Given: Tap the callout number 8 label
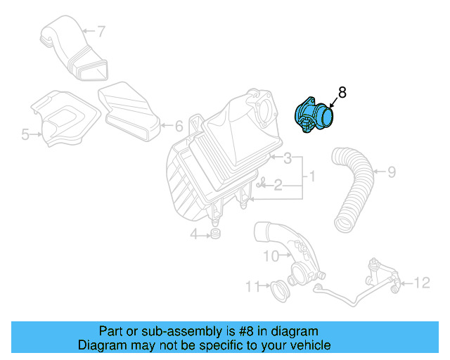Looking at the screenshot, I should [342, 92].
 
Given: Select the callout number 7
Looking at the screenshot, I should [101, 31].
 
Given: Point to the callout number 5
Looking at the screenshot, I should [25, 134].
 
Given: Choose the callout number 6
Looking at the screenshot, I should [179, 127].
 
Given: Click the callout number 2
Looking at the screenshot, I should [278, 186].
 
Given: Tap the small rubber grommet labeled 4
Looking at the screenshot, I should [216, 233].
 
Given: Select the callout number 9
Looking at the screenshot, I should [392, 170].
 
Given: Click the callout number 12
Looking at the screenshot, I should [421, 283].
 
